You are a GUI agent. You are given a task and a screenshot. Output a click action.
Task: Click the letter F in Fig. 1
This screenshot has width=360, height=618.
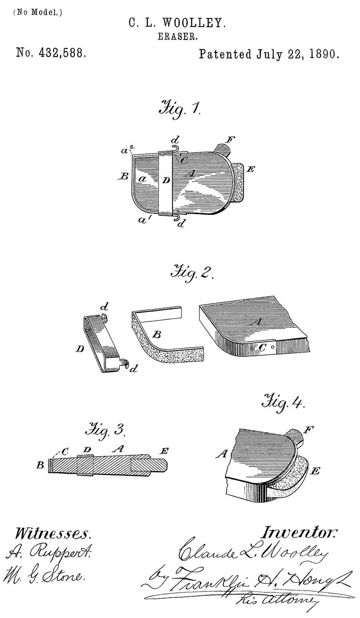(x=231, y=140)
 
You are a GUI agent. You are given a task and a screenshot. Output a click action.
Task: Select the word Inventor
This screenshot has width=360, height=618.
(x=299, y=533)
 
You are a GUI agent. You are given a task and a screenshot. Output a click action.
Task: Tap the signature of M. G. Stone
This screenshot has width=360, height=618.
(x=47, y=576)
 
